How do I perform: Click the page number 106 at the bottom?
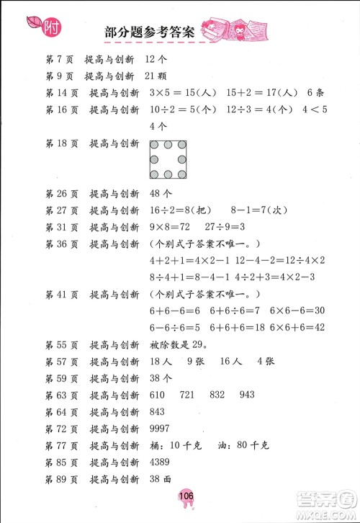[x=180, y=496]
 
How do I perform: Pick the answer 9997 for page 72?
[x=162, y=429]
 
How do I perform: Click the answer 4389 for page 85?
[x=162, y=463]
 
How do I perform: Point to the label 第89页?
[x=60, y=480]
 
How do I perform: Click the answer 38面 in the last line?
[x=161, y=480]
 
